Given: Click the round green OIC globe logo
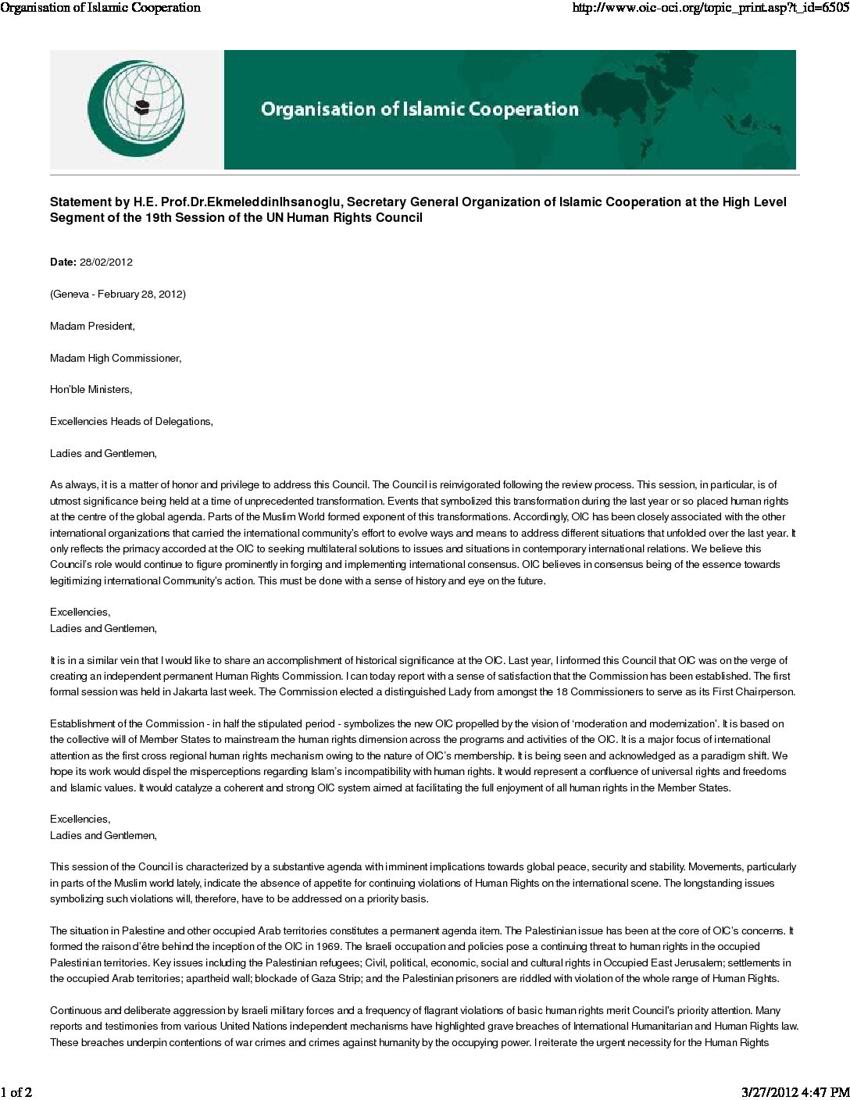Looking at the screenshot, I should pos(136,109).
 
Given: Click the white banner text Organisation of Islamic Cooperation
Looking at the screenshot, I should pos(420,109).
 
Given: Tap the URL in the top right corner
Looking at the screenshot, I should pos(710,8).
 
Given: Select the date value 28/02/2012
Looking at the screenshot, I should pos(106,262).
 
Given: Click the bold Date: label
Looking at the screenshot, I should pos(63,262).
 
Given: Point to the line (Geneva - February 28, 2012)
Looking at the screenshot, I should pos(118,295).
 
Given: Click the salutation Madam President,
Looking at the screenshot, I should pos(92,327).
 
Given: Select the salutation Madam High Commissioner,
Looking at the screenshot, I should pos(116,359).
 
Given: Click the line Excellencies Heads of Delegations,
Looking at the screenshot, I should pos(131,422).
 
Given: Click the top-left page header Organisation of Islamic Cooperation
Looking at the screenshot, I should pos(101,8).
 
